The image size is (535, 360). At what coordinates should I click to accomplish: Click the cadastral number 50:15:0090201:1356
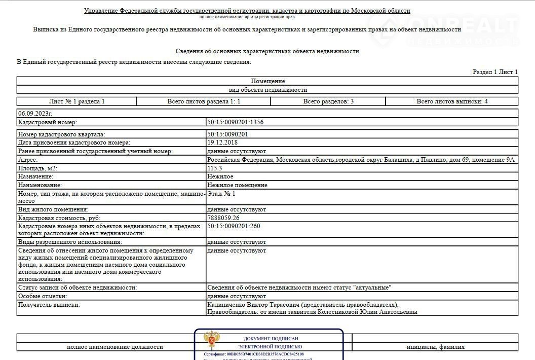point(236,122)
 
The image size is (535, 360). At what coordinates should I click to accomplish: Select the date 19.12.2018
point(223,143)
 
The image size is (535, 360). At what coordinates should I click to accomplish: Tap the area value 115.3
point(215,168)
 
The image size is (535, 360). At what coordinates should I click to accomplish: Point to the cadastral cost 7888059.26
point(223,218)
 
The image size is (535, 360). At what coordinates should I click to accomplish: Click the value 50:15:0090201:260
point(234,226)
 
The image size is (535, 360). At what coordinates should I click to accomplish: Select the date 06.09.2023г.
point(35,114)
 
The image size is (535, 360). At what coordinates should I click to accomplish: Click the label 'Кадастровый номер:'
point(47,122)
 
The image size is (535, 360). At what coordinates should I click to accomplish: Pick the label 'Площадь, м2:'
point(37,168)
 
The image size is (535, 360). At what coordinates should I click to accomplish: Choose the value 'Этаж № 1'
point(221,194)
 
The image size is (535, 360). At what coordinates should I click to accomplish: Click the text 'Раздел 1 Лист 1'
point(495,72)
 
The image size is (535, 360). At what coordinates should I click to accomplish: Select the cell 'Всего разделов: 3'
point(328,101)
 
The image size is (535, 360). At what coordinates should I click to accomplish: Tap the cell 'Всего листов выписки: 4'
point(452,101)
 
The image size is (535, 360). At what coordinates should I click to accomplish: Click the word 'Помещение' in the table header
point(267,81)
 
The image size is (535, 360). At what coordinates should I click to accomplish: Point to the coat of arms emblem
point(211,339)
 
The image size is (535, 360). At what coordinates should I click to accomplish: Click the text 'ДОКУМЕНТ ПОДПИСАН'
point(271,339)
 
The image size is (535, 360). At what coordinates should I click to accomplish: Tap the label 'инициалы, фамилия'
point(435,347)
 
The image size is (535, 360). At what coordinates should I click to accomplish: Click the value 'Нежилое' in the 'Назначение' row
point(220,176)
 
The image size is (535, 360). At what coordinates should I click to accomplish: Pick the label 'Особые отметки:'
point(43,296)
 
